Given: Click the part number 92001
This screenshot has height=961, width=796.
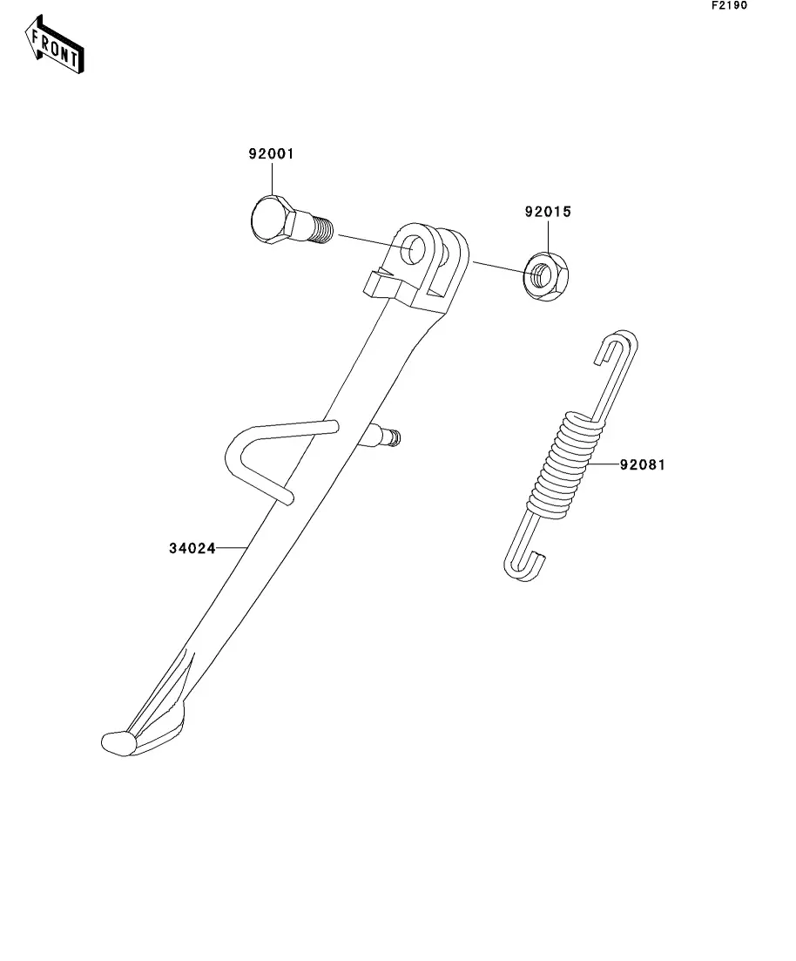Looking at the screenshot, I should tap(271, 154).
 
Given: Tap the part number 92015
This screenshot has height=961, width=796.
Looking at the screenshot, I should tap(548, 212).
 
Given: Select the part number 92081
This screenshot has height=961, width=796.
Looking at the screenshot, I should tap(642, 465).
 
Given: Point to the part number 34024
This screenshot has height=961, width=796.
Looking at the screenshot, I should tap(192, 549).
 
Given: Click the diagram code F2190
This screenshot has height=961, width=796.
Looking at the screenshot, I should tap(729, 6).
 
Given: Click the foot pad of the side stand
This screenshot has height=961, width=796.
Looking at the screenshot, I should tap(119, 742).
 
